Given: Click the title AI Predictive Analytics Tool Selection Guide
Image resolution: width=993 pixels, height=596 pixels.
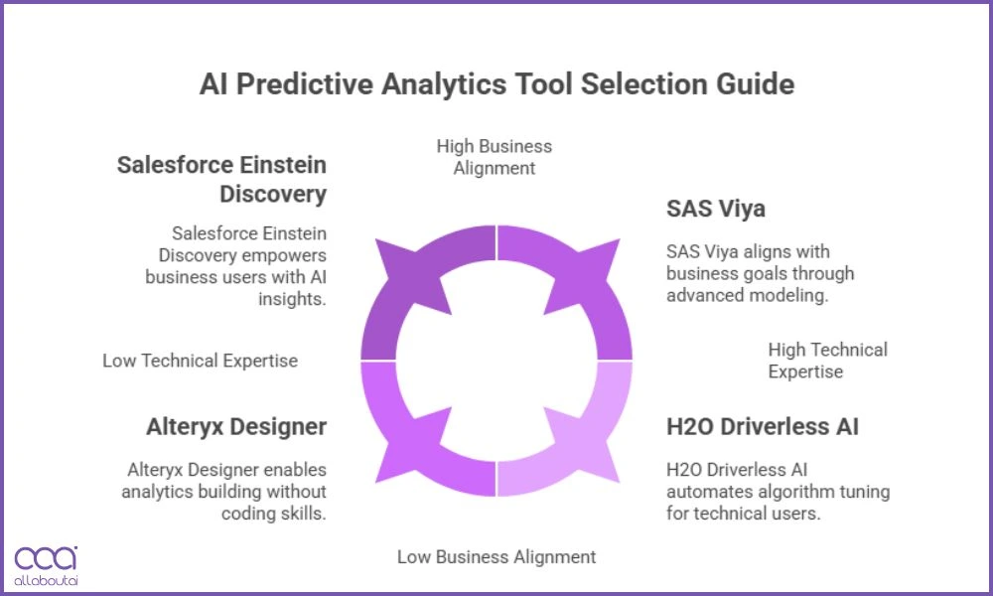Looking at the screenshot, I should pos(496,84).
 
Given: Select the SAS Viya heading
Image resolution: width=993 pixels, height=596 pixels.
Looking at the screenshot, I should pos(716,210).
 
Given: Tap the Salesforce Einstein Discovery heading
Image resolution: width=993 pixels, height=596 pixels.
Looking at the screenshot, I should pos(221,179).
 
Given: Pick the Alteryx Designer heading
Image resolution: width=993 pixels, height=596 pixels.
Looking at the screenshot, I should pos(236,427).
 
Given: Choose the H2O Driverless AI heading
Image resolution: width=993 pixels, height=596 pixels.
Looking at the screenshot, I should pos(763,427).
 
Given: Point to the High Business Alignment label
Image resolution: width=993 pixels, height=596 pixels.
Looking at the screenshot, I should pos(495,157).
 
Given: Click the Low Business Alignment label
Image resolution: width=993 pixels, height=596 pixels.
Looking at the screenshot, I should pos(496,556).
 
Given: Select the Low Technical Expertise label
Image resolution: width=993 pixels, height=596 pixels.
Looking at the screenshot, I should pos(200,361).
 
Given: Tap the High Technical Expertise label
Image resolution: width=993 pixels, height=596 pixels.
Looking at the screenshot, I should pos(828,361).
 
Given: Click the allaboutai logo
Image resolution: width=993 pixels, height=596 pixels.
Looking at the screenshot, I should pos(46,566).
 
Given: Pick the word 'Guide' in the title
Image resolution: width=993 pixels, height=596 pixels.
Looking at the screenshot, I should pos(755,84).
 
